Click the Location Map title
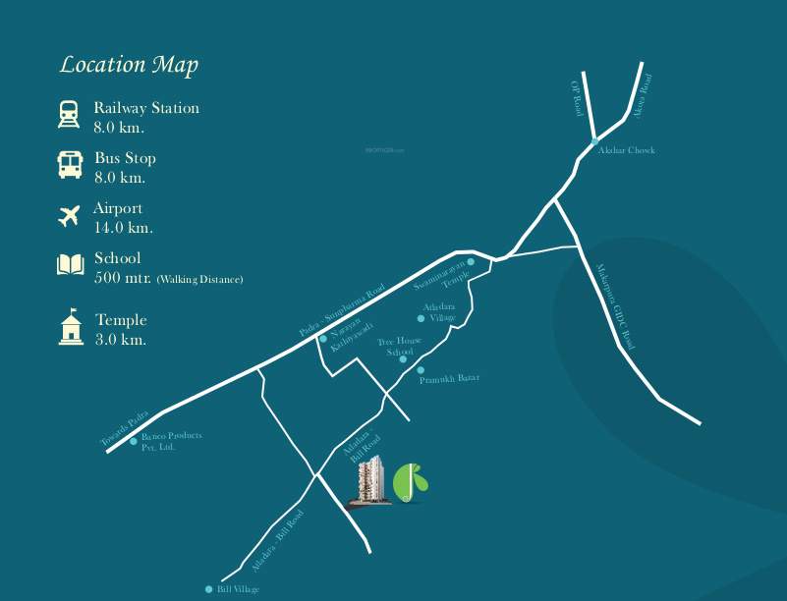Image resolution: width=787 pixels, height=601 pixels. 129,66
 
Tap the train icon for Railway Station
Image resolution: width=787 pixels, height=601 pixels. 69,116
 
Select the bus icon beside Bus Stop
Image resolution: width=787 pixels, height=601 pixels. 69,165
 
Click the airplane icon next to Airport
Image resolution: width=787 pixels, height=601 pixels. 69,216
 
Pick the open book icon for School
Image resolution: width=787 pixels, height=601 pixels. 70,265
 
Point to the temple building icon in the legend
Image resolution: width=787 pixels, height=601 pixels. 70,328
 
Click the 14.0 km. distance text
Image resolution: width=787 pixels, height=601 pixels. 123,228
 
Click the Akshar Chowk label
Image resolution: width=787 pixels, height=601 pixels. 627,150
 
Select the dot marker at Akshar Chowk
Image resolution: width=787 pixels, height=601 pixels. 594,143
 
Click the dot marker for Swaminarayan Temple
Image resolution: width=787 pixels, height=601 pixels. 471,262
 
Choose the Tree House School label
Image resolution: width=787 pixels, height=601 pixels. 400,346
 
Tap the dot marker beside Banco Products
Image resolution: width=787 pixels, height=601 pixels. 134,441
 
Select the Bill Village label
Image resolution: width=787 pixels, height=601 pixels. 239,589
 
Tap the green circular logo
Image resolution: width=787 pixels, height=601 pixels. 411,482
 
